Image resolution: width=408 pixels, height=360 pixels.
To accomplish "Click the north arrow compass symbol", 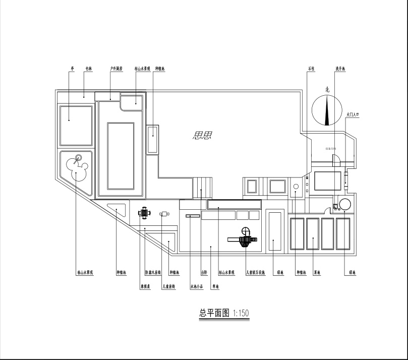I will (x=327, y=109).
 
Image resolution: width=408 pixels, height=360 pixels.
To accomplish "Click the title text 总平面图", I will (x=215, y=313).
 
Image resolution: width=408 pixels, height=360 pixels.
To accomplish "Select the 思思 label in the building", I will (x=202, y=135).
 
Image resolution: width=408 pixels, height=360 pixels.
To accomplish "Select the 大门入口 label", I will (x=352, y=115).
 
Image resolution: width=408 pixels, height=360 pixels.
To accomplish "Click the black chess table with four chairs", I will (x=145, y=213).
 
